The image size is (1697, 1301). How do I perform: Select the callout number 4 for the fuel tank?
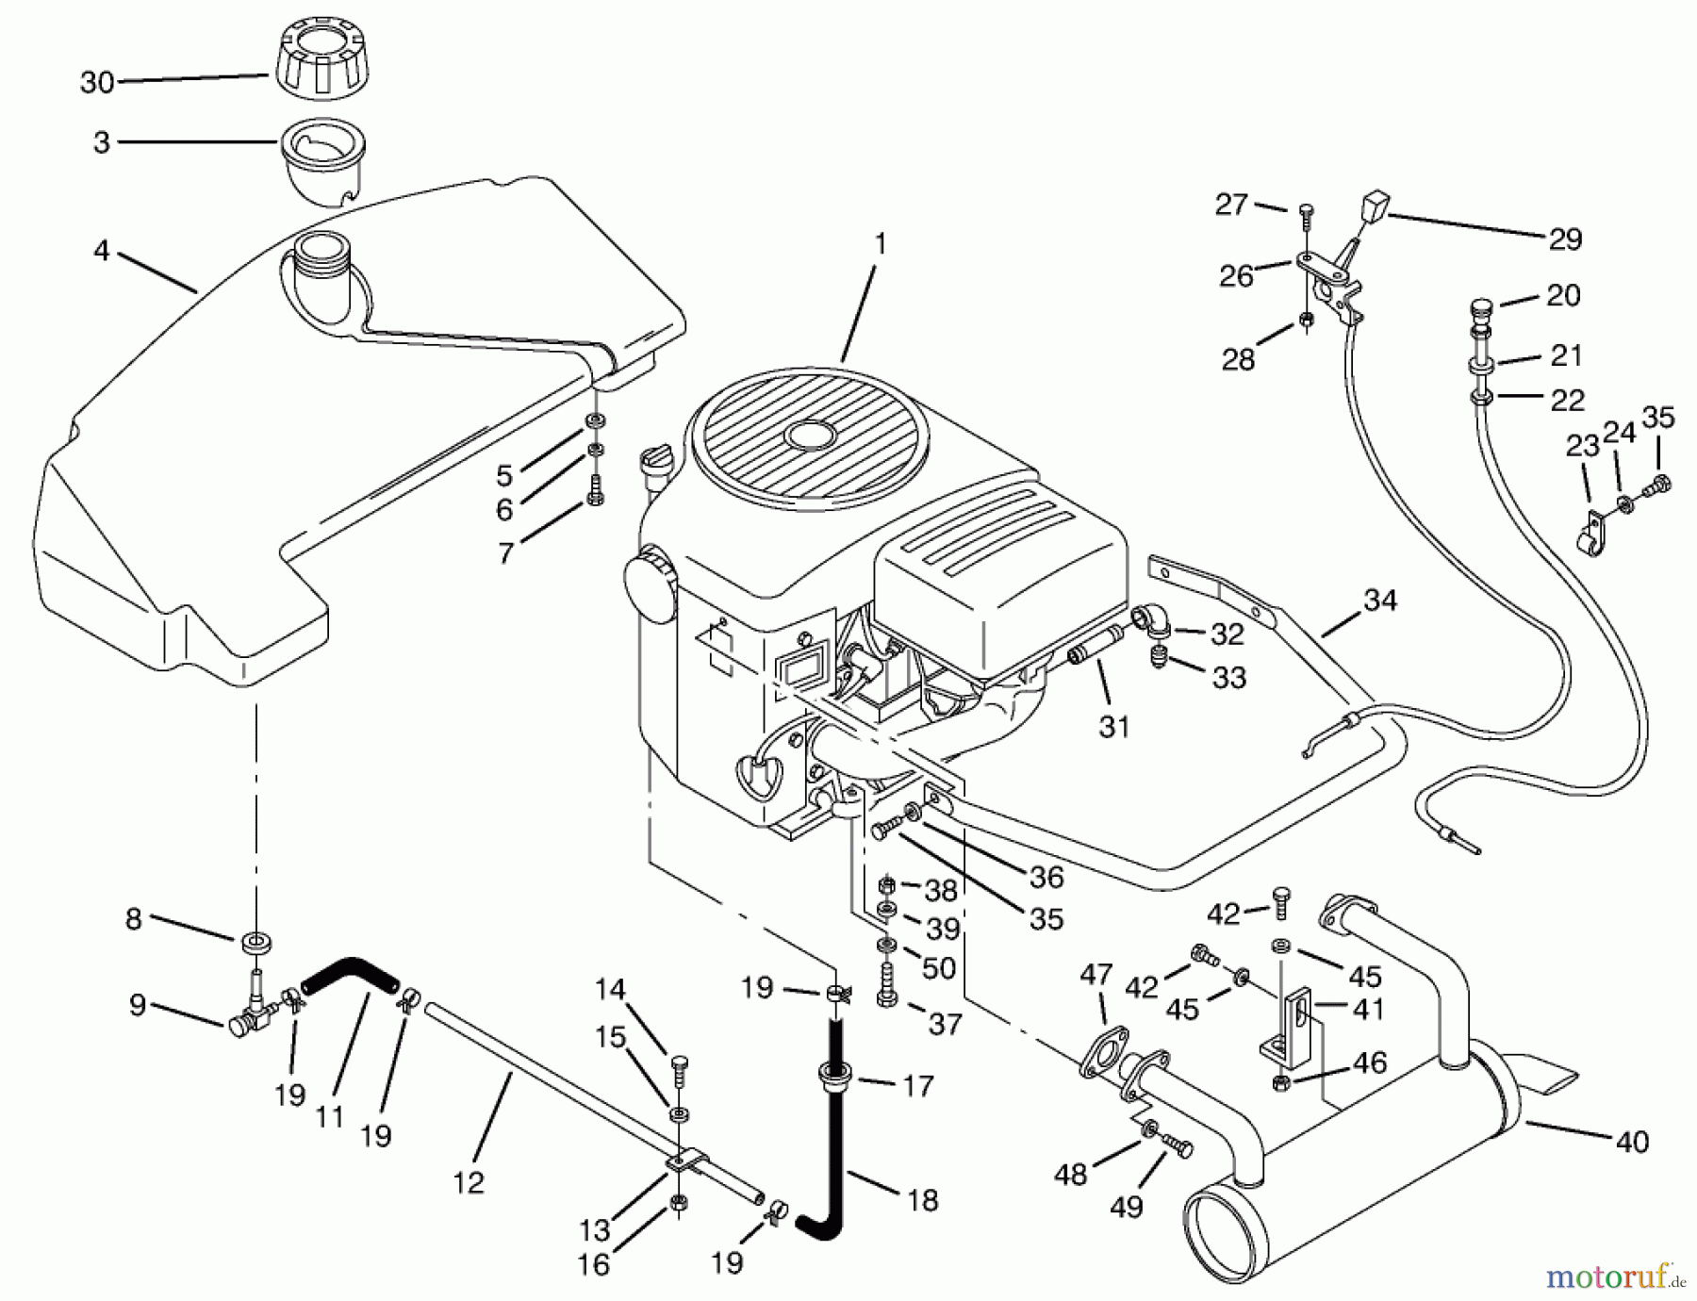click(102, 251)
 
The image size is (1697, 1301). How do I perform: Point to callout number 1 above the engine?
click(880, 244)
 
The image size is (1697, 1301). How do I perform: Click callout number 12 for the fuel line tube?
click(468, 1180)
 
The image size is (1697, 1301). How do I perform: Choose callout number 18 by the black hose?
click(923, 1199)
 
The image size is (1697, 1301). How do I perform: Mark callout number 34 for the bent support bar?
click(1380, 600)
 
